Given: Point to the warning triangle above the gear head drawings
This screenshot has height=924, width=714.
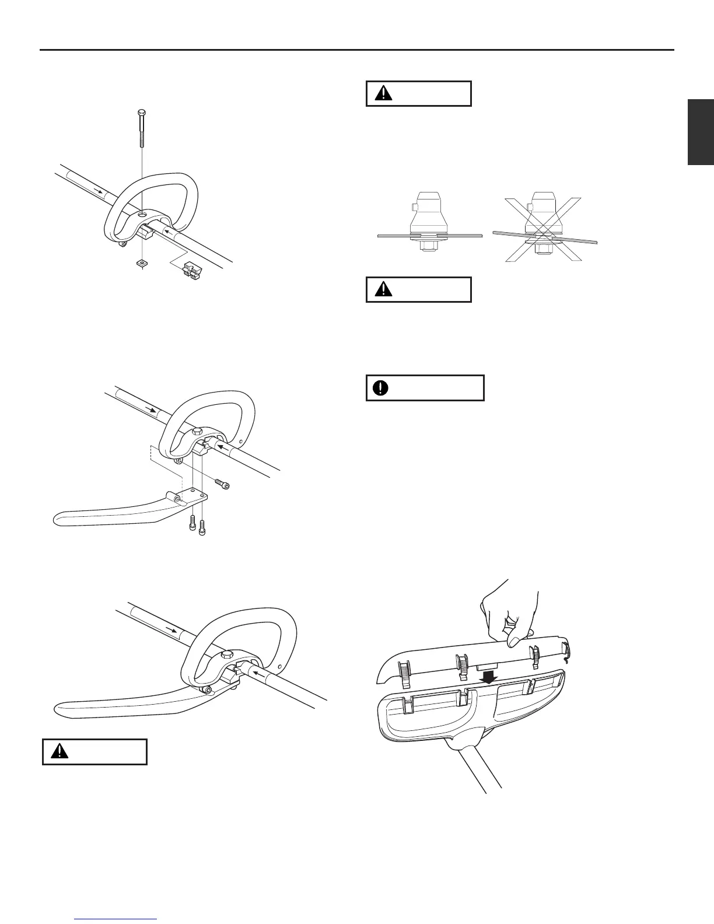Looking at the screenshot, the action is [383, 94].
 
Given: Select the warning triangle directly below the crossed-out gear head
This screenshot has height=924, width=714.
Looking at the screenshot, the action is [383, 290].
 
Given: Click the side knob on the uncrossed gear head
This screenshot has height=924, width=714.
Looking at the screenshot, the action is [414, 206].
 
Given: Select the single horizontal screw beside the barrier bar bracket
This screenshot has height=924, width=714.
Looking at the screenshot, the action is [222, 484].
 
